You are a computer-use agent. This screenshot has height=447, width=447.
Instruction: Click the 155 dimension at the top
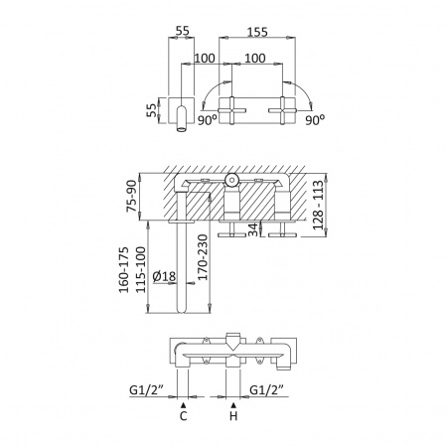tap(257, 32)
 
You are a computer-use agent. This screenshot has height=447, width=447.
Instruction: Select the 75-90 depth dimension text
tap(132, 196)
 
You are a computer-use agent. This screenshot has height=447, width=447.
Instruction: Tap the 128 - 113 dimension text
tap(318, 205)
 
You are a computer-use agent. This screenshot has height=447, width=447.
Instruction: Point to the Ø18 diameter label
tap(165, 276)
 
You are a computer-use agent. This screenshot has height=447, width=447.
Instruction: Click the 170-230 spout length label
tap(203, 257)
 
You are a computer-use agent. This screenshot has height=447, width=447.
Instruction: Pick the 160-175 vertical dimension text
tap(124, 269)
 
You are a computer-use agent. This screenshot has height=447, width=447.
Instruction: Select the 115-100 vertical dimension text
tap(141, 269)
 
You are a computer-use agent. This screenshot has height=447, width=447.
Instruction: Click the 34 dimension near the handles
tap(253, 229)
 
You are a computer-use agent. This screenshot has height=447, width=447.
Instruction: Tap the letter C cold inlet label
tap(184, 416)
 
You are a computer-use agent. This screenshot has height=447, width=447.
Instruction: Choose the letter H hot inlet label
tap(233, 416)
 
